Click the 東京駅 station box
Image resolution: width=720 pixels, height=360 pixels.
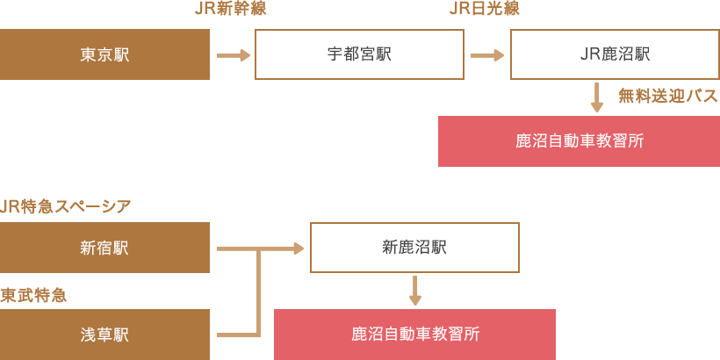pyautogui.click(x=104, y=54)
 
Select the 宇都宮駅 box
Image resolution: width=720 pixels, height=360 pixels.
pyautogui.click(x=359, y=54)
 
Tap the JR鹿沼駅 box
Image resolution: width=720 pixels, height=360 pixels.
pyautogui.click(x=615, y=54)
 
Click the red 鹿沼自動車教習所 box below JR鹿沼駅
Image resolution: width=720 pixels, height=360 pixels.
pyautogui.click(x=579, y=140)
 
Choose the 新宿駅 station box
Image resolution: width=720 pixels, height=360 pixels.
pyautogui.click(x=104, y=248)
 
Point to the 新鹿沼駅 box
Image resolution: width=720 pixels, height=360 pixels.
pyautogui.click(x=414, y=248)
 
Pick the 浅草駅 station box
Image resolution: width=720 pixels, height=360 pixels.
pyautogui.click(x=104, y=335)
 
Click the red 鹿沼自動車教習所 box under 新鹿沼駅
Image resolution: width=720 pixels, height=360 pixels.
pyautogui.click(x=414, y=334)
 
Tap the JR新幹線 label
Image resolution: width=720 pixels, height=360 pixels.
pyautogui.click(x=230, y=9)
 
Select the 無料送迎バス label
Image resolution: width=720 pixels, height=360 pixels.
pyautogui.click(x=668, y=96)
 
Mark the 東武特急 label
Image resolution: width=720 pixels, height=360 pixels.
pyautogui.click(x=33, y=295)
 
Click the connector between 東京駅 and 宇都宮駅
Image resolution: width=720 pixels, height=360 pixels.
pyautogui.click(x=234, y=54)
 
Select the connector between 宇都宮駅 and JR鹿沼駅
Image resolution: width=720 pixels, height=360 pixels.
pyautogui.click(x=487, y=54)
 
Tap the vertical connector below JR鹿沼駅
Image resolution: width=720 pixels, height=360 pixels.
pyautogui.click(x=597, y=97)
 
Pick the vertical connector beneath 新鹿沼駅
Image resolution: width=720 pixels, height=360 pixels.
pyautogui.click(x=415, y=290)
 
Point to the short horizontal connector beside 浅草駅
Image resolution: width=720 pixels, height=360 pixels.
pyautogui.click(x=234, y=335)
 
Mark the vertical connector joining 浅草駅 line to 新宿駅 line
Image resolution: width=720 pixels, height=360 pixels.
pyautogui.click(x=258, y=294)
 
